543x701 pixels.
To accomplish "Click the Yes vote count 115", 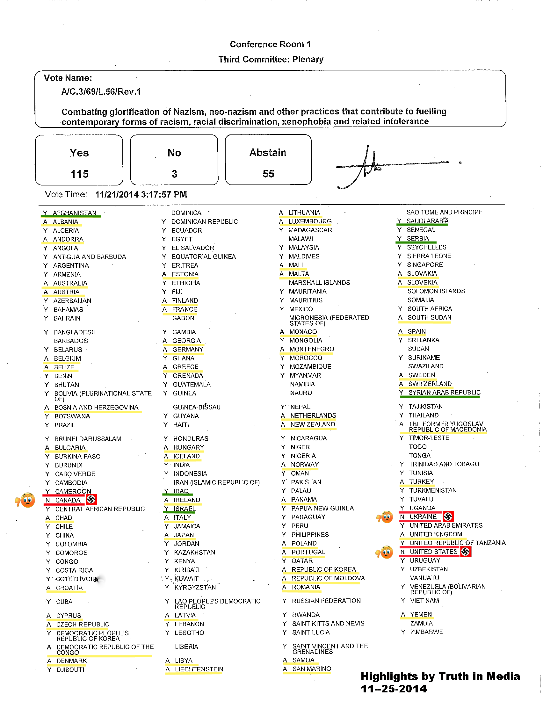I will point(79,174).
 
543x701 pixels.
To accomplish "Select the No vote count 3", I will point(174,174).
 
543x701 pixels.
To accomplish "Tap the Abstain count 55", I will point(268,174).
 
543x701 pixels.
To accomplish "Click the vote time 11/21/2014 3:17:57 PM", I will point(141,194).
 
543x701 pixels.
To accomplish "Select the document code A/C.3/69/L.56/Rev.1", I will point(101,92).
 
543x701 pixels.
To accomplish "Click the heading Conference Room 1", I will point(270,44).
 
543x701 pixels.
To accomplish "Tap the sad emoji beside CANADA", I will point(27,500).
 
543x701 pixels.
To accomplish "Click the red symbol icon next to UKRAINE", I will point(448,517).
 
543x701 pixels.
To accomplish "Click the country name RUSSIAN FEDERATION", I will point(326,601).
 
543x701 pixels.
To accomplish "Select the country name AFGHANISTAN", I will point(75,213).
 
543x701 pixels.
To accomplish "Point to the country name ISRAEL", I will point(185,509).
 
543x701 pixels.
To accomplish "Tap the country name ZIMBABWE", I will point(426,632).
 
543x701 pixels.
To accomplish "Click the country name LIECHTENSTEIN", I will point(199,669).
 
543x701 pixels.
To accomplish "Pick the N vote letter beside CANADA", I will point(48,500).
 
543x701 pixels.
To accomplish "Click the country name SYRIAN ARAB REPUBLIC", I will point(444,392).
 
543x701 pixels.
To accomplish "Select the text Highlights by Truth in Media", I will point(440,676).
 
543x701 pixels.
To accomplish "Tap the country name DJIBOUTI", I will point(70,670).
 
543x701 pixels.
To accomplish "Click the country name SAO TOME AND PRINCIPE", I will point(444,212).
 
